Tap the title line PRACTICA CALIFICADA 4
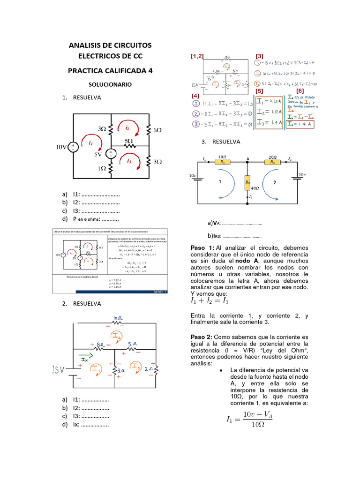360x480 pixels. (110, 70)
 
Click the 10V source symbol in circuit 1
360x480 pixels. (74, 147)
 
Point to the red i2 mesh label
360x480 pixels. (127, 127)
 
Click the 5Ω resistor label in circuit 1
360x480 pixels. (128, 141)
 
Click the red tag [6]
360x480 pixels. (300, 90)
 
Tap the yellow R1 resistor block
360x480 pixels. (223, 161)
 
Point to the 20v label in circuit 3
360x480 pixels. (301, 175)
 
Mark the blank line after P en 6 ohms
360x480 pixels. (110, 219)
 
